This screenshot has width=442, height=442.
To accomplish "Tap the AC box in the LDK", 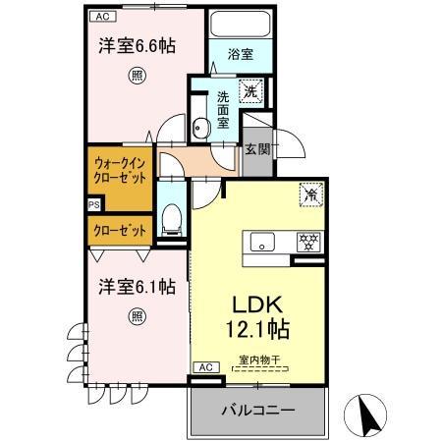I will pyautogui.click(x=205, y=366).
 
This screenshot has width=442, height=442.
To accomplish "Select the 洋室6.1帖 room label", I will pyautogui.click(x=137, y=287).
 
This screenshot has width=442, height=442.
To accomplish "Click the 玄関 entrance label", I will pyautogui.click(x=258, y=149).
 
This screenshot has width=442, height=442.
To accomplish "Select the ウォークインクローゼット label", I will pyautogui.click(x=121, y=171).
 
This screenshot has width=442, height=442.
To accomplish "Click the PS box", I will pyautogui.click(x=93, y=205).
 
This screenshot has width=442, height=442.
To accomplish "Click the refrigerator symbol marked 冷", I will pyautogui.click(x=311, y=194).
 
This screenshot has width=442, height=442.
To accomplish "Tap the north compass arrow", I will pyautogui.click(x=367, y=416).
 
